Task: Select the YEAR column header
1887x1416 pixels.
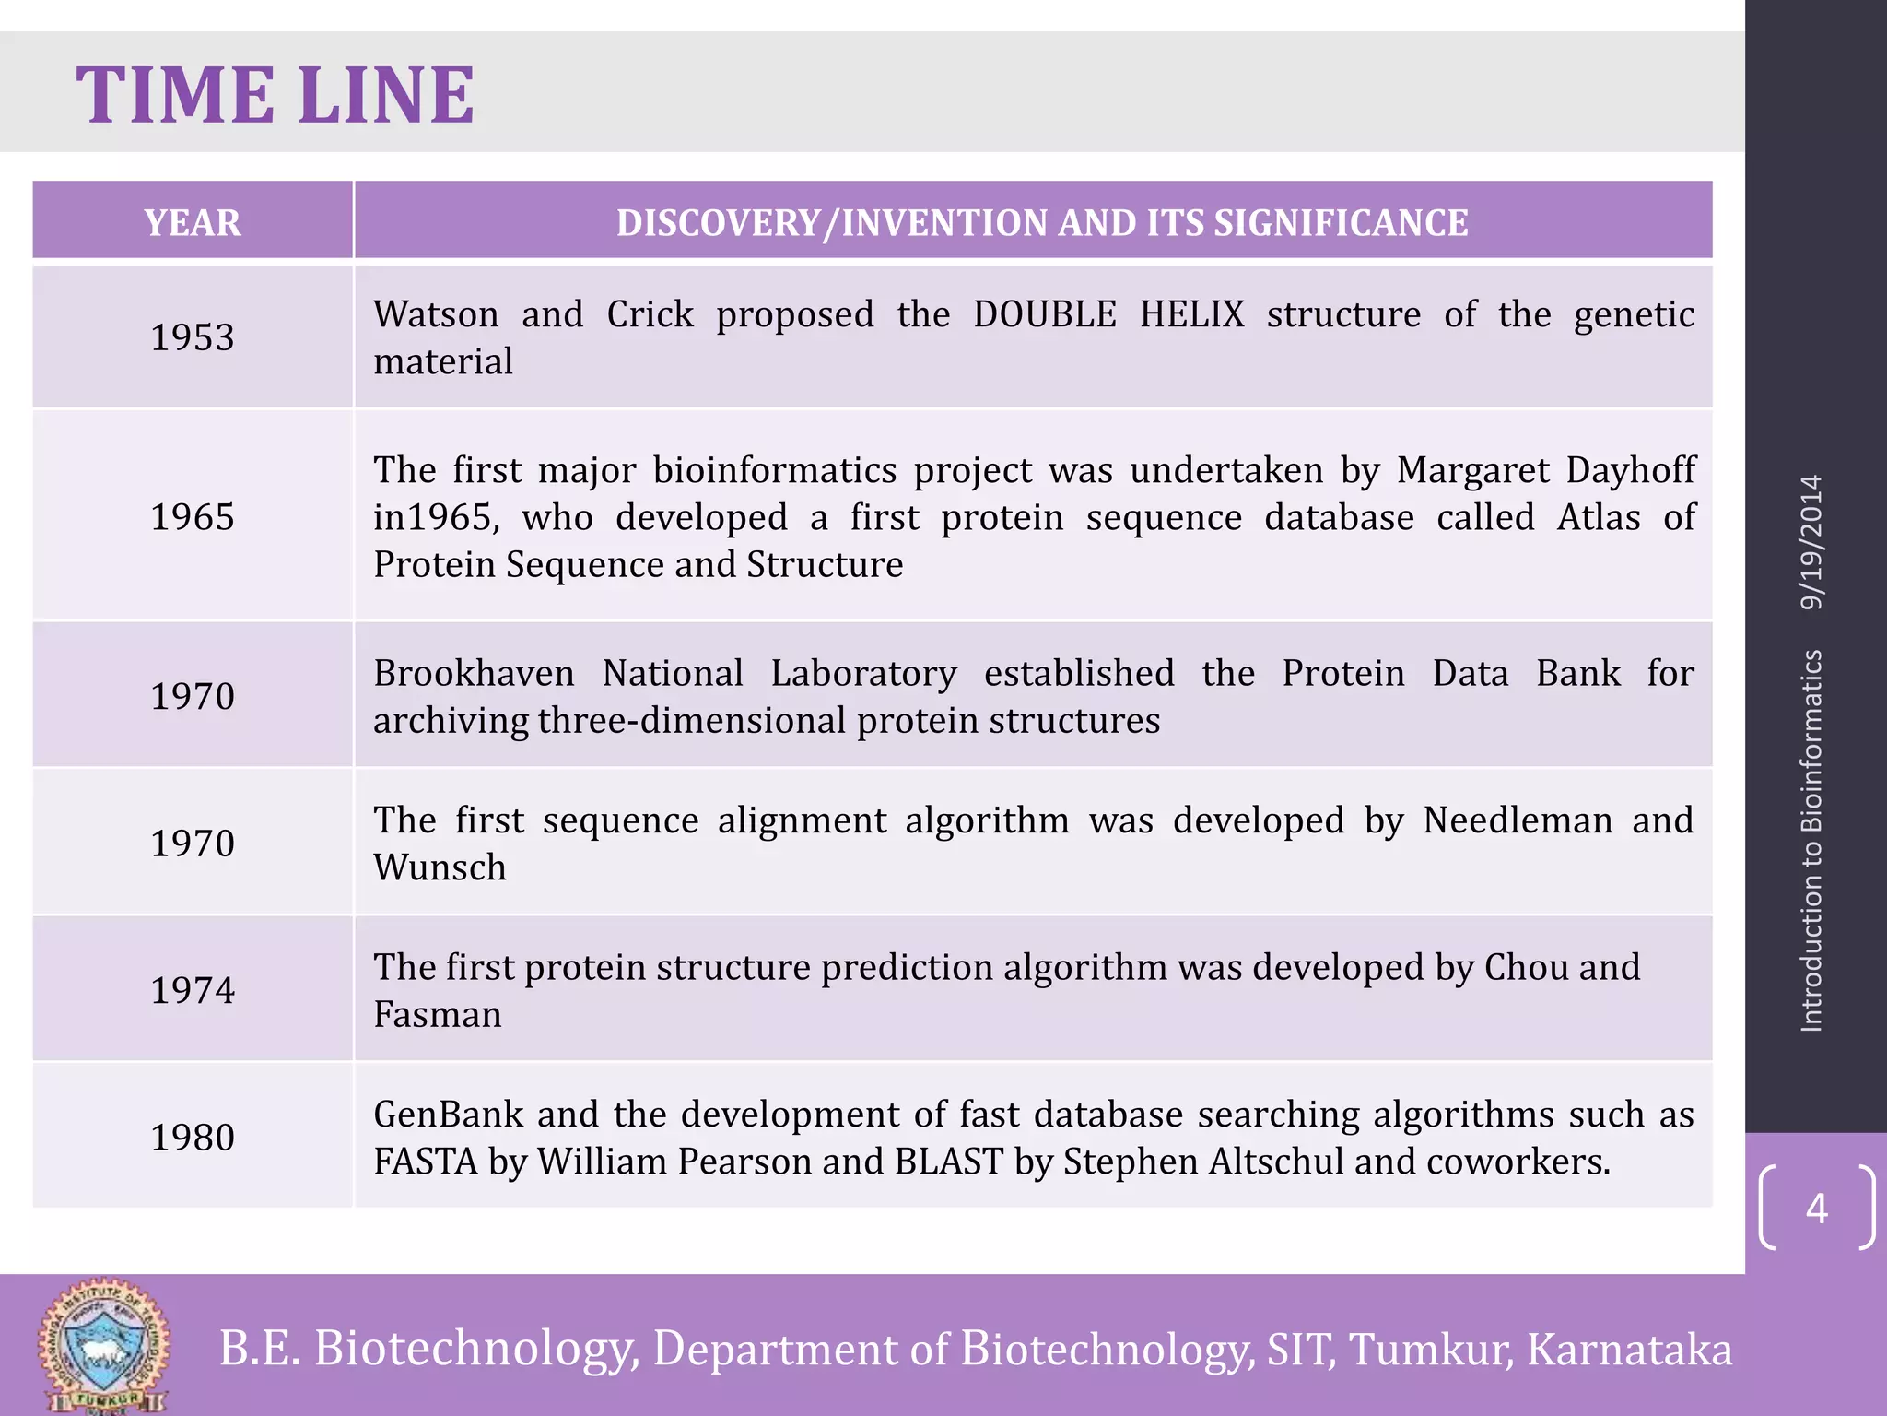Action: [x=193, y=222]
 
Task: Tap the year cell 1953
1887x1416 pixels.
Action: [x=193, y=337]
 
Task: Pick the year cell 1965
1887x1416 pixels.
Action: [x=193, y=517]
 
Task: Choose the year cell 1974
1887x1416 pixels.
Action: [x=193, y=990]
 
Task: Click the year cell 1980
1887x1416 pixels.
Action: [x=193, y=1138]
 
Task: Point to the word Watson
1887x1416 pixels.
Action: [x=436, y=314]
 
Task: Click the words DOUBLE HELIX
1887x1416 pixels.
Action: [x=1108, y=314]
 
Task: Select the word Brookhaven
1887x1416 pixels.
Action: [x=474, y=673]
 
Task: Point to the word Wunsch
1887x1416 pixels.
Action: [x=440, y=867]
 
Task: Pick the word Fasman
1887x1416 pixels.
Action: [x=438, y=1015]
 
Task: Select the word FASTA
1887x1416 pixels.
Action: [x=425, y=1162]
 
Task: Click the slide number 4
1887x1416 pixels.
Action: [x=1816, y=1208]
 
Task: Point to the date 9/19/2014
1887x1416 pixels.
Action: [x=1811, y=542]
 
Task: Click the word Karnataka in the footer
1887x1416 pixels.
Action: [x=1629, y=1349]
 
